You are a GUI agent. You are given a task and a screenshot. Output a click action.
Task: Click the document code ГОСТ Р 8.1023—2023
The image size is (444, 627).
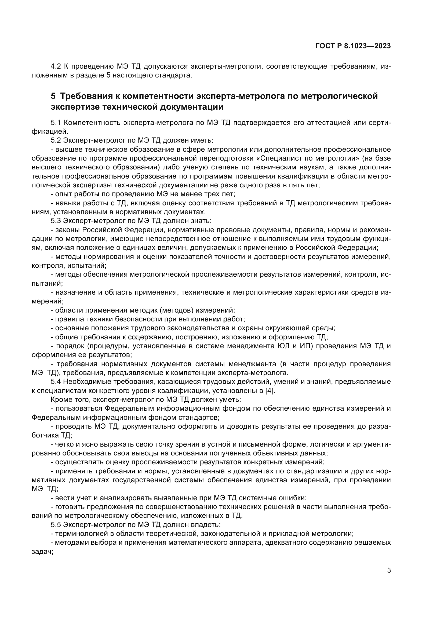353,46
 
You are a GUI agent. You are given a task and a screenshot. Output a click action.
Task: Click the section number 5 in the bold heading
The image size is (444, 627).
53,96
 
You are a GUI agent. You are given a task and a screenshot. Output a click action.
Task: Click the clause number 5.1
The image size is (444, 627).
56,123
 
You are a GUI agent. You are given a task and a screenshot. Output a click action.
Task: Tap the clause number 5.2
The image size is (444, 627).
56,140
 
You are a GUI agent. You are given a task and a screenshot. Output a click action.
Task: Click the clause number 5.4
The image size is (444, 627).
56,381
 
